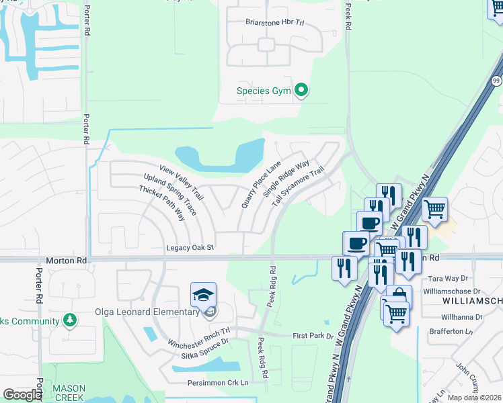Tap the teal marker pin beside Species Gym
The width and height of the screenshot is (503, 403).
click(x=302, y=89)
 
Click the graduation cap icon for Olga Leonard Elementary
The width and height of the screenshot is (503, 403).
click(x=202, y=294)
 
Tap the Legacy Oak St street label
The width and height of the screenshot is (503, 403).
click(x=190, y=248)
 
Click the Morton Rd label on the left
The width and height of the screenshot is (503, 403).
click(x=67, y=259)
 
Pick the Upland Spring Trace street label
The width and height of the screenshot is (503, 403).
click(x=170, y=194)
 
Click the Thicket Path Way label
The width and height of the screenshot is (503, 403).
click(x=161, y=204)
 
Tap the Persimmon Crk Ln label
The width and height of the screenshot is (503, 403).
click(x=218, y=383)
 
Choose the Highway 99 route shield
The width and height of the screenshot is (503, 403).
click(x=497, y=80)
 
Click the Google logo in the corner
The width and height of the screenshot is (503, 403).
click(x=22, y=395)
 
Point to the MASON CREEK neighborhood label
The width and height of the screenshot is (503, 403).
click(x=69, y=393)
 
